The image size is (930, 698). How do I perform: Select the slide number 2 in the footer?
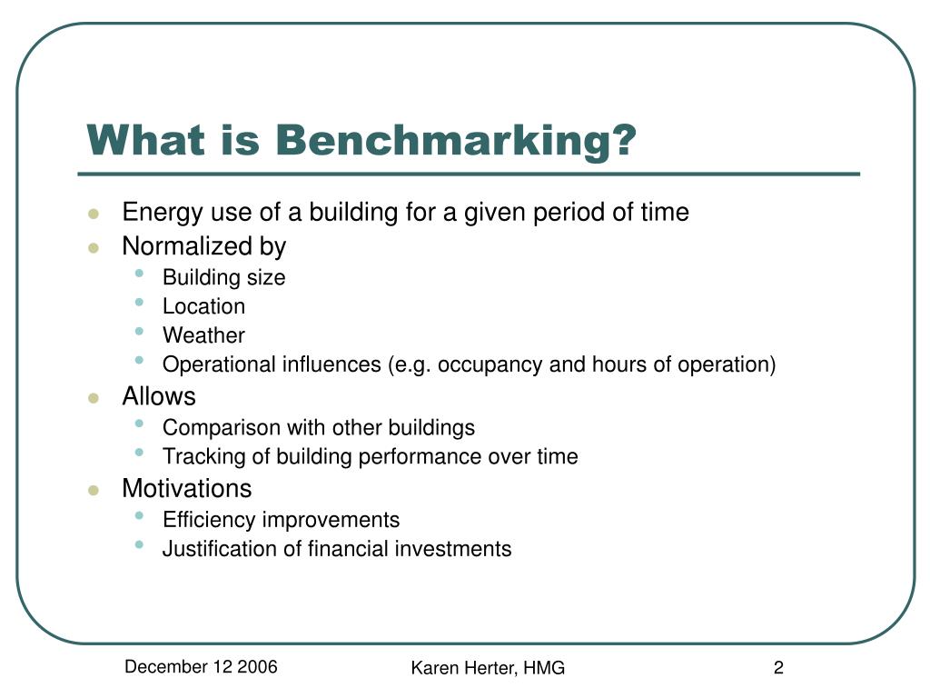[x=778, y=668]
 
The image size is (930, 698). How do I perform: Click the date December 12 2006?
[x=202, y=667]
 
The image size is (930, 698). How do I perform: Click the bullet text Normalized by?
[x=203, y=246]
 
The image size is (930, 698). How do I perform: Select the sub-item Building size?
[x=223, y=277]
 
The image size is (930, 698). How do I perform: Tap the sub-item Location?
[x=203, y=306]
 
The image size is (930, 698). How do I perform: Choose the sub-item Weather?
[x=203, y=335]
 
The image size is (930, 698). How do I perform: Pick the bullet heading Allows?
[x=158, y=396]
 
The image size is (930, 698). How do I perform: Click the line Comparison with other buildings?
[x=318, y=427]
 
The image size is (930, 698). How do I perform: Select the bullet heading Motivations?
[x=186, y=488]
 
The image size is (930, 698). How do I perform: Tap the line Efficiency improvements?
[x=281, y=520]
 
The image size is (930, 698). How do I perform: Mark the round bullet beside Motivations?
[x=93, y=490]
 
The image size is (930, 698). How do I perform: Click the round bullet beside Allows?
[x=93, y=398]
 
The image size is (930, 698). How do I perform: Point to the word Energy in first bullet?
[x=153, y=213]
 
